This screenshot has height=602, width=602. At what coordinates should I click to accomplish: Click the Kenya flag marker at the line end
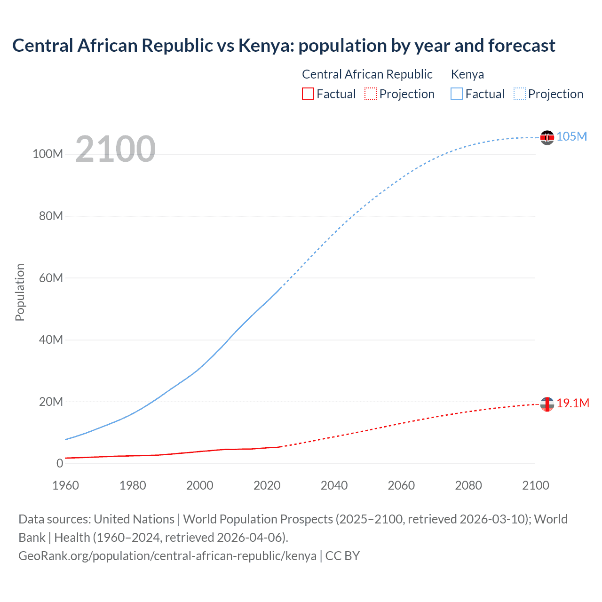pyautogui.click(x=547, y=137)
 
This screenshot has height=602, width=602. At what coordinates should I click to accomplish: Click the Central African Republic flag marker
pyautogui.click(x=547, y=404)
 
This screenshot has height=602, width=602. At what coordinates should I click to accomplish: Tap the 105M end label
pyautogui.click(x=571, y=136)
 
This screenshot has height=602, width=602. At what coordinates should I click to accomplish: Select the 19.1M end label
pyautogui.click(x=573, y=403)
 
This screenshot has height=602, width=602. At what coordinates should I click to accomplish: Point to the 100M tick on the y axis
pyautogui.click(x=48, y=154)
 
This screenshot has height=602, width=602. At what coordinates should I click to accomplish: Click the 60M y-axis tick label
pyautogui.click(x=51, y=278)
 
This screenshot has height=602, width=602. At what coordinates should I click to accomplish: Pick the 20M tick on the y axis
pyautogui.click(x=51, y=402)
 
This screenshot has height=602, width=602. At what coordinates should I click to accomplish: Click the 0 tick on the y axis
pyautogui.click(x=60, y=463)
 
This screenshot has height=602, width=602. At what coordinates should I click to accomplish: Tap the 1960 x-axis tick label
pyautogui.click(x=65, y=485)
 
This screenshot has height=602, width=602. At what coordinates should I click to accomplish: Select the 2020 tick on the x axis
pyautogui.click(x=267, y=485)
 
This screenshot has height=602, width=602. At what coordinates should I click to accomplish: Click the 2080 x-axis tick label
pyautogui.click(x=468, y=485)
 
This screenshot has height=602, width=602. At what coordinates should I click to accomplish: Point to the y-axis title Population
pyautogui.click(x=20, y=293)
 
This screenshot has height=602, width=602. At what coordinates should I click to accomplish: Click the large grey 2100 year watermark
pyautogui.click(x=115, y=149)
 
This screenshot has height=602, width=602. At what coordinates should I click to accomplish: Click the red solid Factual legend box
pyautogui.click(x=308, y=94)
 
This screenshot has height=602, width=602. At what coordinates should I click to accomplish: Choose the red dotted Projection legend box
pyautogui.click(x=371, y=94)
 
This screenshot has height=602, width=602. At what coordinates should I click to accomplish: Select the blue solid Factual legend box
pyautogui.click(x=456, y=94)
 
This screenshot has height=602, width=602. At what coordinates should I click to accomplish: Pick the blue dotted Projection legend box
pyautogui.click(x=519, y=94)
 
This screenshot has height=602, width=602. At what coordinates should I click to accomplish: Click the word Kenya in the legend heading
pyautogui.click(x=467, y=74)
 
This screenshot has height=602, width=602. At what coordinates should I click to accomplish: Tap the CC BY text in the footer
pyautogui.click(x=342, y=556)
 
